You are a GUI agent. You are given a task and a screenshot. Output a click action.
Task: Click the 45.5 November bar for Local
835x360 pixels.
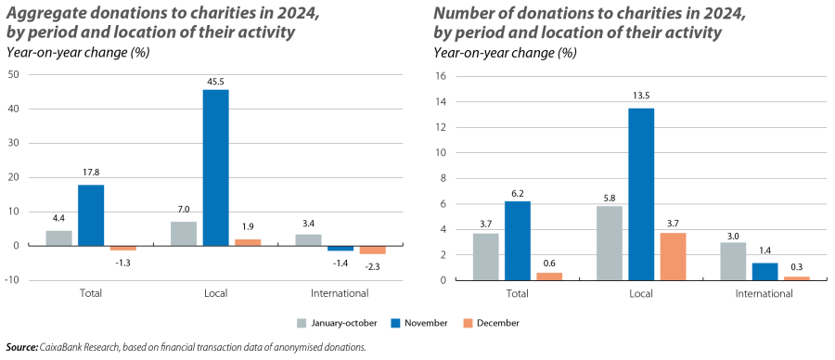point(215,167)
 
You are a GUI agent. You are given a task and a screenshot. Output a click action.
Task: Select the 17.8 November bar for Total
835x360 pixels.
point(91,215)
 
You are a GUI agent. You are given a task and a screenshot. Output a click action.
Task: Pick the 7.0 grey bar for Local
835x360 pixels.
point(185,233)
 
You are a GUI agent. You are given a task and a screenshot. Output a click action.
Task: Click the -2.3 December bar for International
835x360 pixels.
point(372,250)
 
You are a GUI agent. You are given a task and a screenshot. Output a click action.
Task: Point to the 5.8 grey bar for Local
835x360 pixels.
point(609,242)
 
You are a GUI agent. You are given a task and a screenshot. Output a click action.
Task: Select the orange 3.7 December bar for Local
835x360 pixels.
point(673,255)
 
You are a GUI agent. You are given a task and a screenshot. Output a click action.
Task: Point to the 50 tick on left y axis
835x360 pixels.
point(12,75)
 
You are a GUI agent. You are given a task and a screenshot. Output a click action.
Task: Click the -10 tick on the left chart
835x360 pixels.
point(10,279)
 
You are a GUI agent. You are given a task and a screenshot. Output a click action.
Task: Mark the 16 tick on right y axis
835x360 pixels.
point(442,76)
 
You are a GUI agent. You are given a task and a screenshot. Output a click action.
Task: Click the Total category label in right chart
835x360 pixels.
point(517,293)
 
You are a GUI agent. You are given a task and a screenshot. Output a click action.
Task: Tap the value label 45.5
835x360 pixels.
point(215,81)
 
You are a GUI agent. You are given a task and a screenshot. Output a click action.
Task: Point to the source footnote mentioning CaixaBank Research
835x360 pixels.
point(186,347)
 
